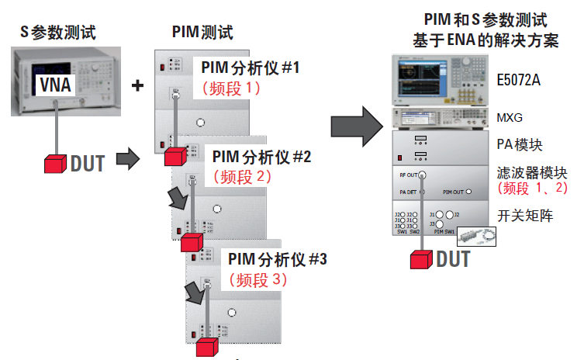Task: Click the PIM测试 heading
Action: click(x=202, y=33)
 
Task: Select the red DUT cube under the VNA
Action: click(x=54, y=164)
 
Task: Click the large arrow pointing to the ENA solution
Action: click(x=354, y=126)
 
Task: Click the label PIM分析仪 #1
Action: click(x=250, y=68)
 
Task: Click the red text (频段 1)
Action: click(x=231, y=88)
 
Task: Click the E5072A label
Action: click(x=523, y=79)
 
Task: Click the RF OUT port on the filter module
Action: click(x=422, y=175)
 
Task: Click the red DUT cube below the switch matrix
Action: click(x=420, y=259)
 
